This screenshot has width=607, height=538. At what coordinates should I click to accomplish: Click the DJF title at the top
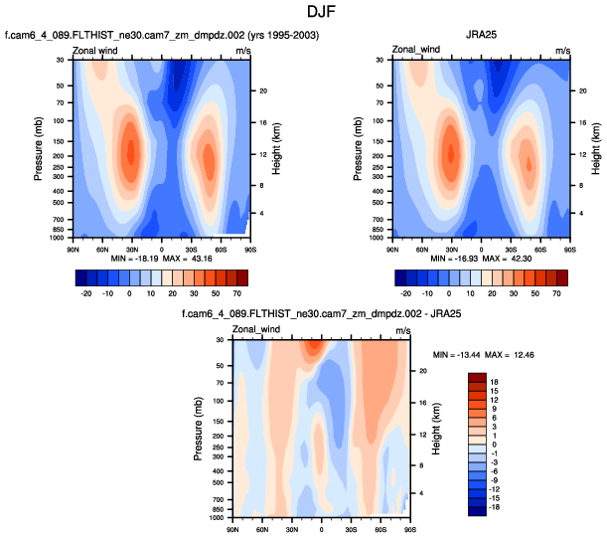(x=303, y=12)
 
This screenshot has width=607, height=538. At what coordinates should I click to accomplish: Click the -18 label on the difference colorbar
(x=496, y=507)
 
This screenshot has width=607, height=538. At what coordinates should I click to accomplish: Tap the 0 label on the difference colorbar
(x=494, y=445)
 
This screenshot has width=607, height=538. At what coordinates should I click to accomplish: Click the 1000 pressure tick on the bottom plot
(x=217, y=518)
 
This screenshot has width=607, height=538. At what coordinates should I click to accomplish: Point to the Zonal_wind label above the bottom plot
(x=253, y=329)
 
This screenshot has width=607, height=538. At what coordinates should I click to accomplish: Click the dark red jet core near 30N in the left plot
(x=130, y=154)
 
